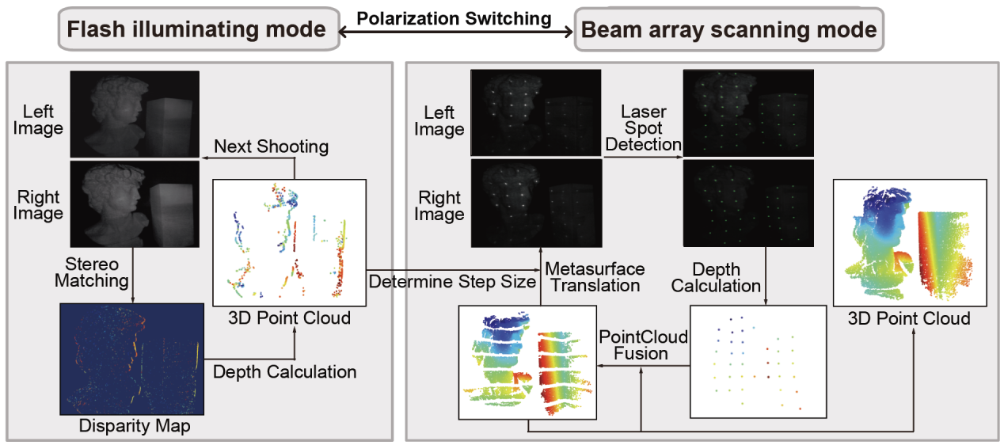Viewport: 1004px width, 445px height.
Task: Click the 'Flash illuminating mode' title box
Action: (x=196, y=30)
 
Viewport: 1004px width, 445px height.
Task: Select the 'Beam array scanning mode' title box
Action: (x=728, y=30)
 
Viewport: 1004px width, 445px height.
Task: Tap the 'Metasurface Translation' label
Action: (x=595, y=277)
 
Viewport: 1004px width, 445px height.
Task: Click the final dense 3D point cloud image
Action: (x=909, y=242)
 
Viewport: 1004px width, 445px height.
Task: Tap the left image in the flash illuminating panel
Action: (x=134, y=114)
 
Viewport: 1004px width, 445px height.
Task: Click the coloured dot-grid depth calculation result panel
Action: (x=759, y=360)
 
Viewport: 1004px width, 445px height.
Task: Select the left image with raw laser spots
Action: (x=535, y=112)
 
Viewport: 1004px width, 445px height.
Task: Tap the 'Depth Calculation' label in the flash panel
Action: (x=284, y=371)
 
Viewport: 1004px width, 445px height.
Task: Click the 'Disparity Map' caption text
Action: (x=134, y=426)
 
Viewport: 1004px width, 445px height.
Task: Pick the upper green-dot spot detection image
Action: (x=748, y=112)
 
